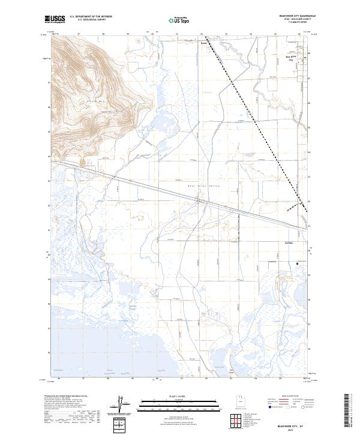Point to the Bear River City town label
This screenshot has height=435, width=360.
(295, 59)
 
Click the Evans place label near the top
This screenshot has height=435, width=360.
(203, 43)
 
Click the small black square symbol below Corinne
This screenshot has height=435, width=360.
(298, 263)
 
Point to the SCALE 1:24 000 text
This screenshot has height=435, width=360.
(179, 396)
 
